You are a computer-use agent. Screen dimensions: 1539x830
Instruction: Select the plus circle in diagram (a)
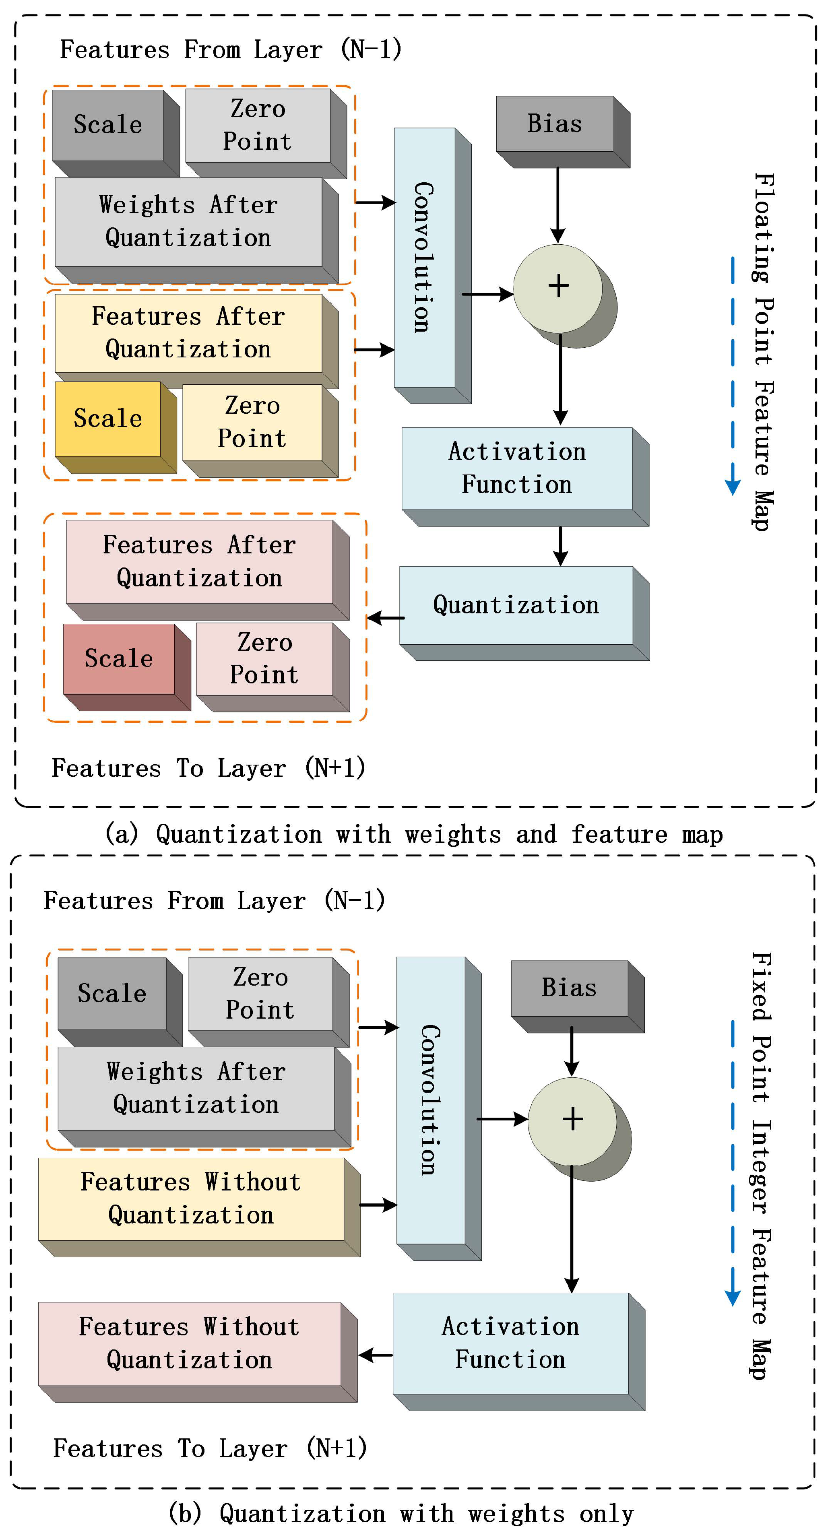click(558, 287)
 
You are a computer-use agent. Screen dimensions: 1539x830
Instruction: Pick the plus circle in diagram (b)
click(572, 1120)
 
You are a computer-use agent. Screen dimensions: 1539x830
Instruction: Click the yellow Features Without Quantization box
click(191, 1199)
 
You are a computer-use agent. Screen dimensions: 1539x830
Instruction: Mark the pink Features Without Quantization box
click(190, 1344)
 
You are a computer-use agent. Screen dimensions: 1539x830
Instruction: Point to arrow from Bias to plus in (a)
click(557, 203)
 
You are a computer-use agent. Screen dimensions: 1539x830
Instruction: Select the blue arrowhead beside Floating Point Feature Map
click(733, 487)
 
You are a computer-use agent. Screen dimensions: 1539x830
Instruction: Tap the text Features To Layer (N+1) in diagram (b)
click(209, 1449)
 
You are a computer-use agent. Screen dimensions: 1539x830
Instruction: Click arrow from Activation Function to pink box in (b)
click(375, 1355)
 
